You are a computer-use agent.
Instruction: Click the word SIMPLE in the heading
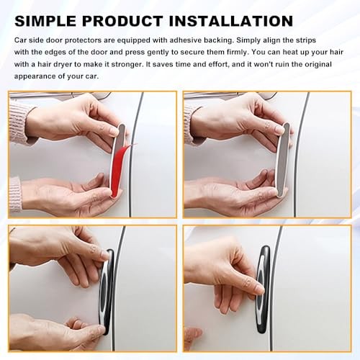[x=45, y=21]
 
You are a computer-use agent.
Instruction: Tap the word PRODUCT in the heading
[x=122, y=21]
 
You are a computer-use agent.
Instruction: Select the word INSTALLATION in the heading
[x=231, y=21]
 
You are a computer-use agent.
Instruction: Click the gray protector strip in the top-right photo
[x=284, y=161]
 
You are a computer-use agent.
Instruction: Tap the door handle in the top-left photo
[x=60, y=96]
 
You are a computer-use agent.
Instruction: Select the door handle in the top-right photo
[x=230, y=96]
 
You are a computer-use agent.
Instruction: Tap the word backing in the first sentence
[x=219, y=40]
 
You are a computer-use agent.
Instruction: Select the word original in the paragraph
[x=318, y=65]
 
